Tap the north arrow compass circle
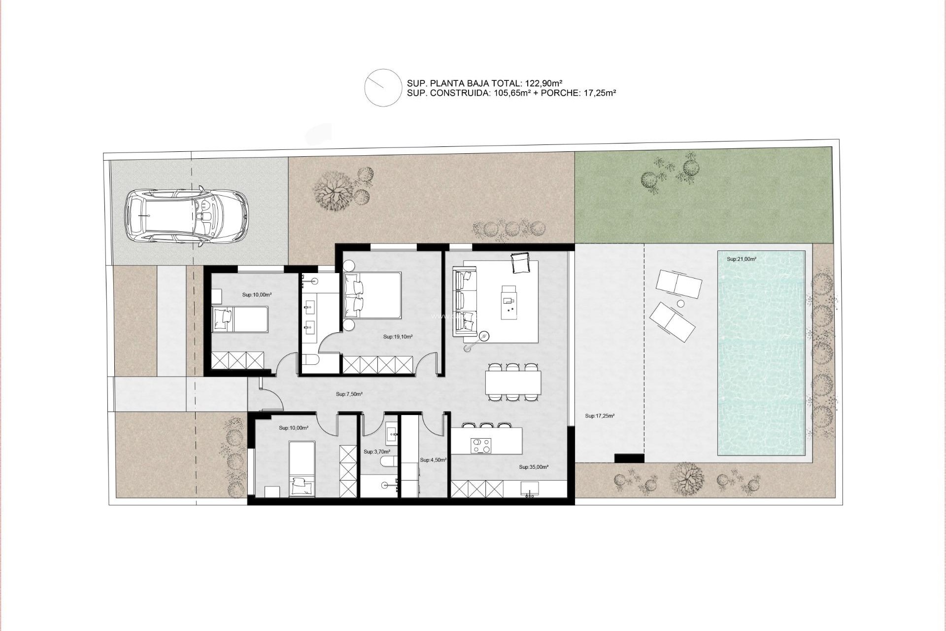[x=383, y=88]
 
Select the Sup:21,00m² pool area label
[x=741, y=259]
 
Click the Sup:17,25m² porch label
[x=599, y=416]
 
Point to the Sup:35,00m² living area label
[x=534, y=467]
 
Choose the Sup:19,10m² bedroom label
[x=398, y=337]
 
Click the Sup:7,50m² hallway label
[x=349, y=394]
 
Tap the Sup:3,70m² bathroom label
[x=376, y=452]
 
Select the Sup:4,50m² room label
[x=433, y=460]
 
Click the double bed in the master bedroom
[x=372, y=295]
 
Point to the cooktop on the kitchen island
[x=481, y=446]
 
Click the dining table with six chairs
[x=513, y=382]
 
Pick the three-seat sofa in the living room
[x=465, y=301]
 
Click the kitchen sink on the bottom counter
[x=530, y=489]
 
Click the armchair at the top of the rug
[x=520, y=262]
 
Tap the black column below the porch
[x=629, y=458]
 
